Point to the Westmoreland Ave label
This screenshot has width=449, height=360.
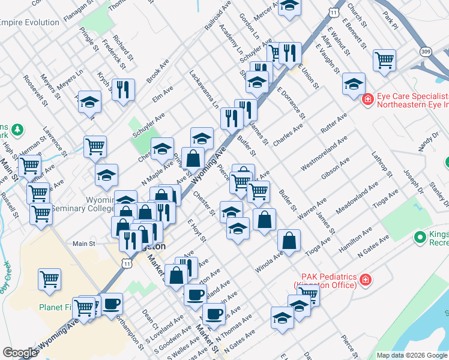320,154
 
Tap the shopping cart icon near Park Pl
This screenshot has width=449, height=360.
384,60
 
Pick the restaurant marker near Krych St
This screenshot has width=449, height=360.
122,89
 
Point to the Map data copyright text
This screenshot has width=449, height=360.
412,355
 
